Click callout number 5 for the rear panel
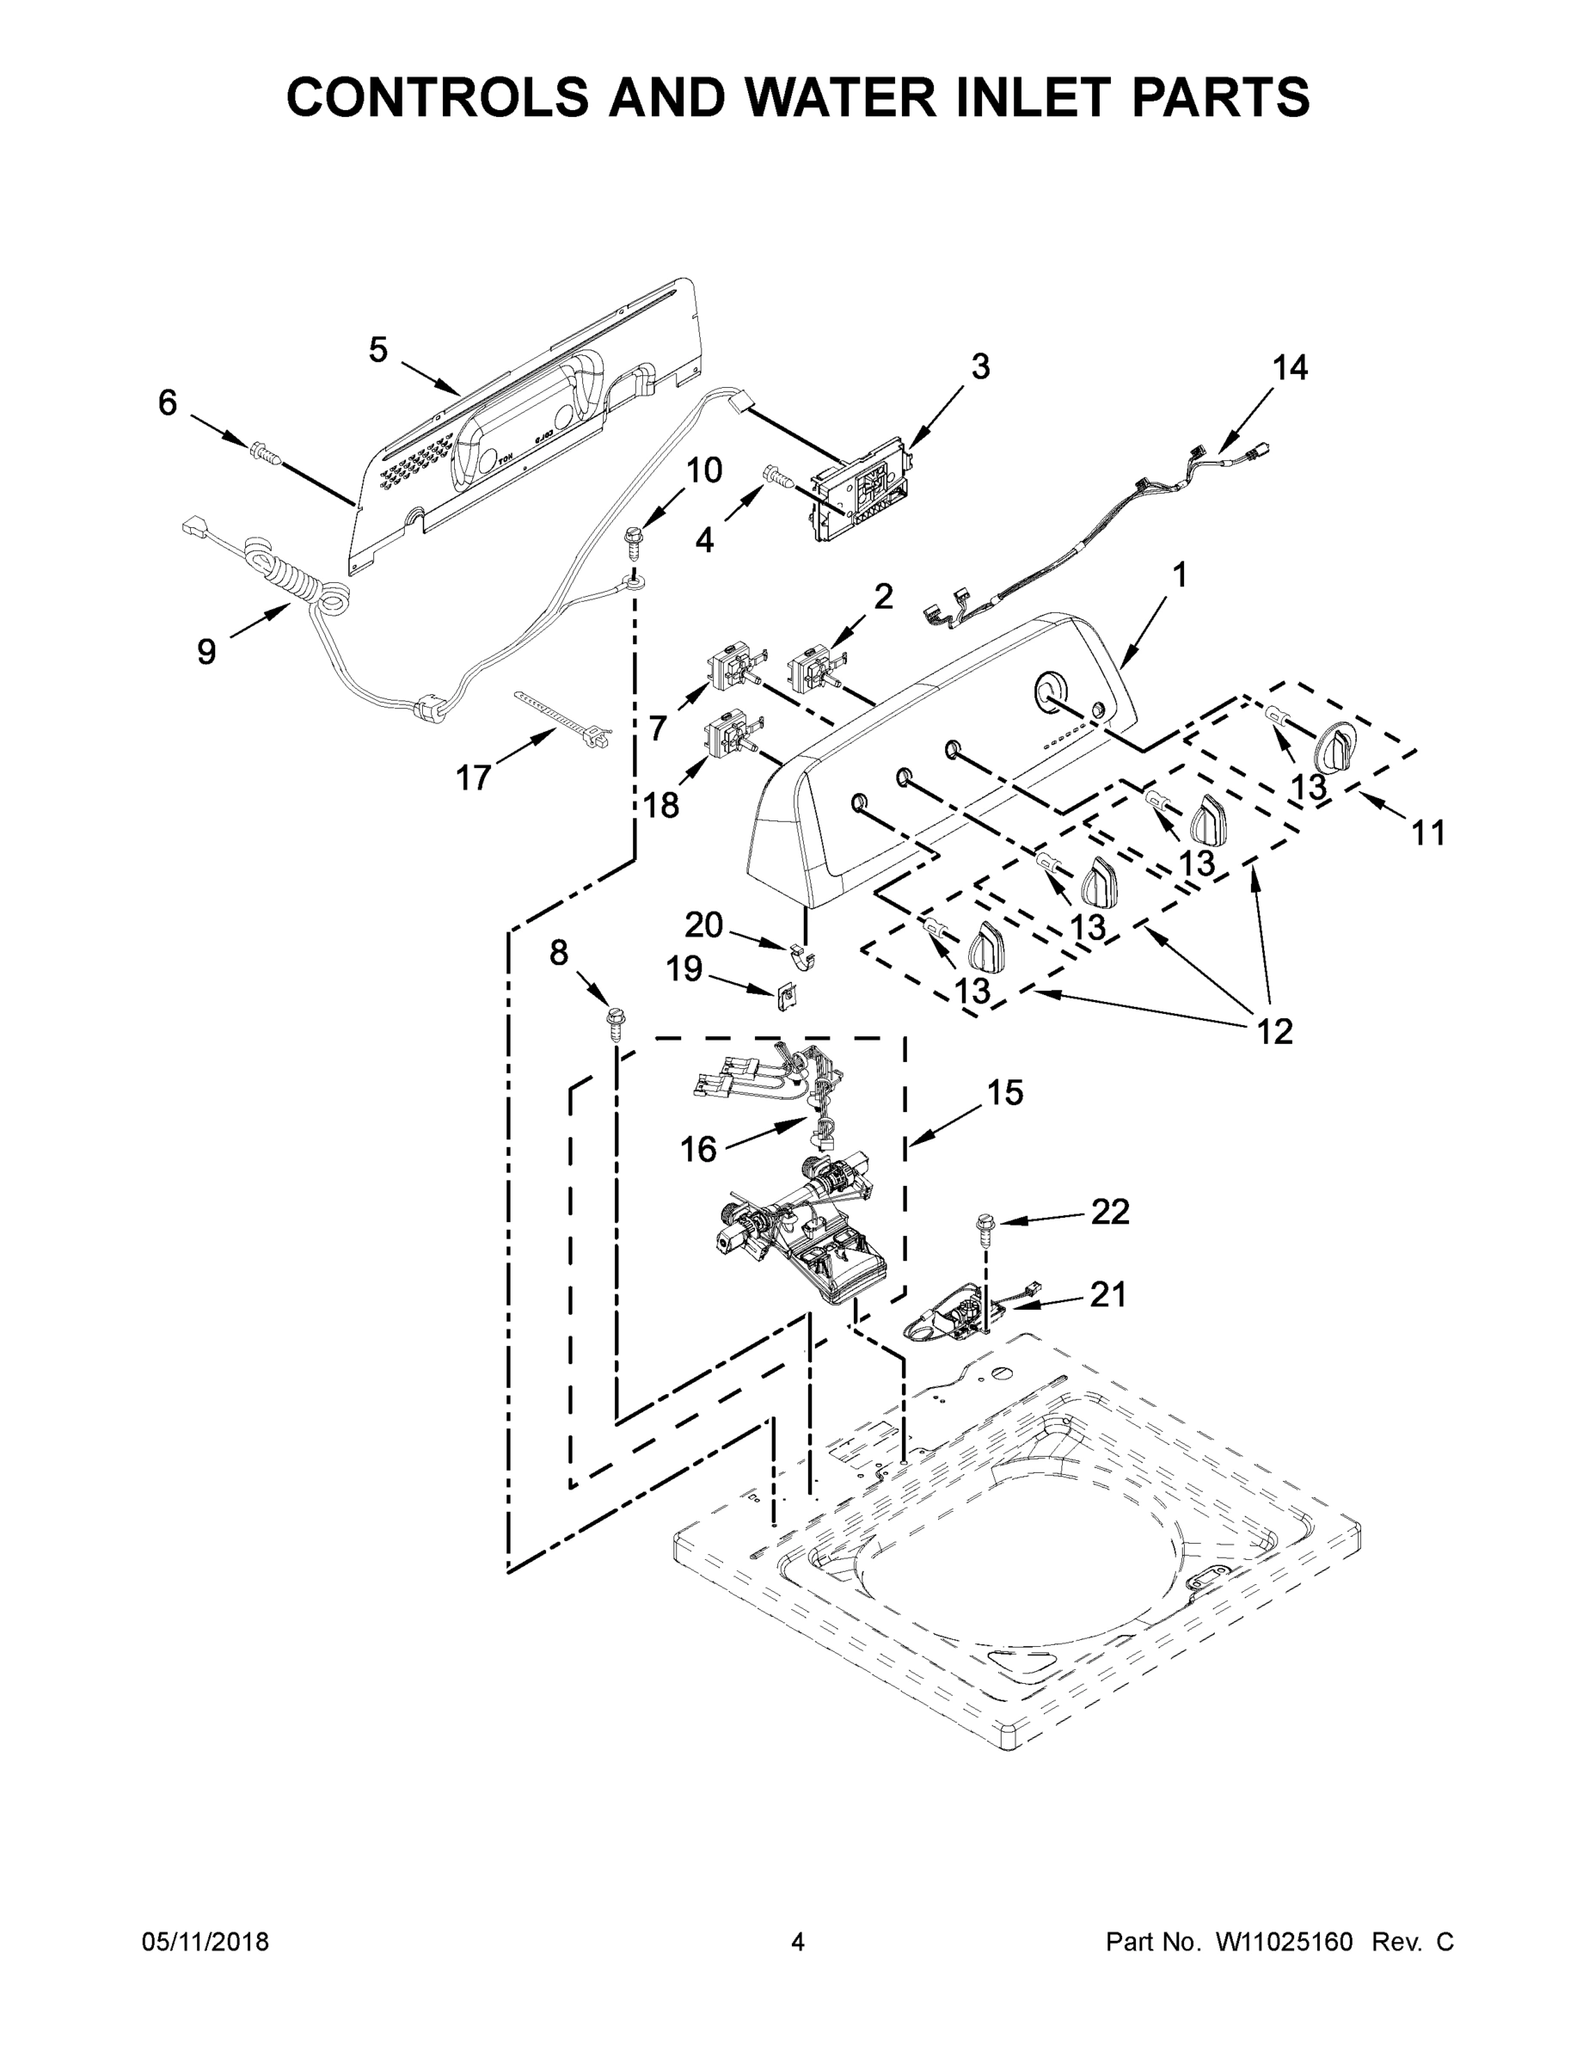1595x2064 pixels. point(378,351)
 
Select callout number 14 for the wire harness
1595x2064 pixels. point(1290,366)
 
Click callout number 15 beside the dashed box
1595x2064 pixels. point(1005,1092)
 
